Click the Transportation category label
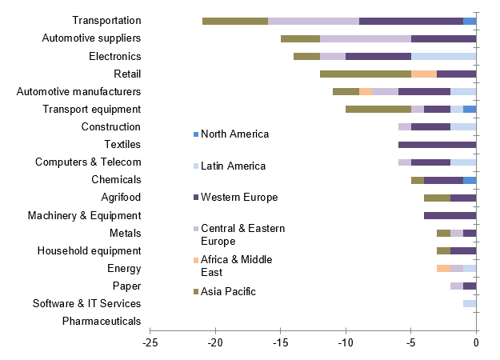[x=106, y=21]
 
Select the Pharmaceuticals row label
[x=102, y=322]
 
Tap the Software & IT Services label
[x=86, y=304]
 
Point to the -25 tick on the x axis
[x=150, y=343]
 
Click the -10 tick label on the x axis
[x=346, y=343]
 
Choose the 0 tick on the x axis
[x=476, y=343]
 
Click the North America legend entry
[x=234, y=134]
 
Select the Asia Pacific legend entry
[x=228, y=291]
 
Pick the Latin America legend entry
[x=233, y=166]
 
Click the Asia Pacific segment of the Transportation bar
[x=235, y=21]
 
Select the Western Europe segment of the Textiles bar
[x=437, y=145]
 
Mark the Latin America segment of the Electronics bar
[x=443, y=56]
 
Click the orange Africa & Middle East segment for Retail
[x=424, y=74]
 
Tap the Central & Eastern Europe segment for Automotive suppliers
[x=366, y=38]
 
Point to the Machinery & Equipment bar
[x=450, y=215]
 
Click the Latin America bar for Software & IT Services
[x=470, y=303]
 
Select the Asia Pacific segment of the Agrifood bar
[x=437, y=198]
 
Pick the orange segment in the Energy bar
[x=443, y=268]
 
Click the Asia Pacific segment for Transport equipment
[x=378, y=109]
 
